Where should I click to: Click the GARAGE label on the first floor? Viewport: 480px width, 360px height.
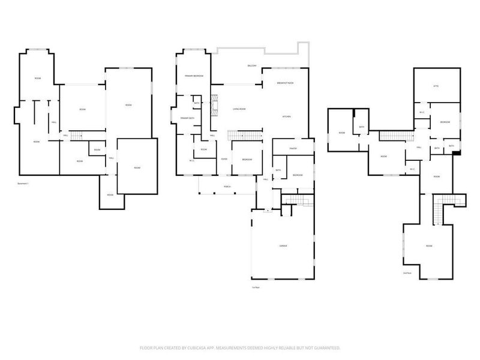(283, 247)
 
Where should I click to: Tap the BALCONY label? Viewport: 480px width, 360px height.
(253, 65)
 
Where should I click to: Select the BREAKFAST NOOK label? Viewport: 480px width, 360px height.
(285, 82)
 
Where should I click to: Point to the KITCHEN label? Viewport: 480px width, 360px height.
(287, 116)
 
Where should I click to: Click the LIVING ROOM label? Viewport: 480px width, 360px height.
(239, 109)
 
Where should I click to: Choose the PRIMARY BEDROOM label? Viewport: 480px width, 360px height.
(194, 76)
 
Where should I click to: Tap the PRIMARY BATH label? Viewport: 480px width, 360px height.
(188, 118)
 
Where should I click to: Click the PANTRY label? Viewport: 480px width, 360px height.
(293, 148)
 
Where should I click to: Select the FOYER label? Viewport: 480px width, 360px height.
(223, 159)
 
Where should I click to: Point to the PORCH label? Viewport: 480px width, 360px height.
(227, 187)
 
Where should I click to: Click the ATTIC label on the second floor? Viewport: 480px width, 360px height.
(436, 86)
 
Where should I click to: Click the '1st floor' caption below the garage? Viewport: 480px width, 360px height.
(256, 287)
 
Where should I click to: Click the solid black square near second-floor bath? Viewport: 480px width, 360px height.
(457, 152)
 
